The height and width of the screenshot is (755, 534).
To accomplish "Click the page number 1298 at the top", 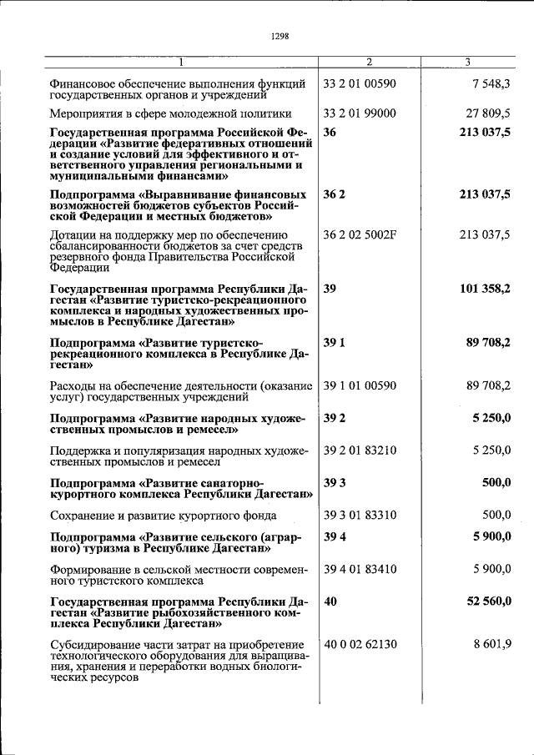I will [x=280, y=36].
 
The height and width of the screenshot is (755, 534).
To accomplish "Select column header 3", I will [x=467, y=63].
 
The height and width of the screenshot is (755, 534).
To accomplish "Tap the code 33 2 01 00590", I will [x=359, y=84].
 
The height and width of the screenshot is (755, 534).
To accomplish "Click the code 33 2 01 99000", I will [x=359, y=113].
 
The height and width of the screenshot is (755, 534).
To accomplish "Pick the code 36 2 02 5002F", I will [x=360, y=234].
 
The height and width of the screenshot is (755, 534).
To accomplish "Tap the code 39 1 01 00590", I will [x=359, y=385].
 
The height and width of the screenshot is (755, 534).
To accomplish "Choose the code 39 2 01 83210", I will [x=359, y=450].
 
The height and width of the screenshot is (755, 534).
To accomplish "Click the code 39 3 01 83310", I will [x=359, y=516].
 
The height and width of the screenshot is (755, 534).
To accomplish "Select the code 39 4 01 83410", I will [x=359, y=570].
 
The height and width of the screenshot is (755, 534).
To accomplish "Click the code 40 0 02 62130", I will [x=359, y=643].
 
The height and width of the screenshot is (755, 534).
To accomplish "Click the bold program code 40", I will [x=330, y=601].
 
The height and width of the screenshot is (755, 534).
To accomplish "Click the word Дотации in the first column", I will [x=73, y=234].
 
